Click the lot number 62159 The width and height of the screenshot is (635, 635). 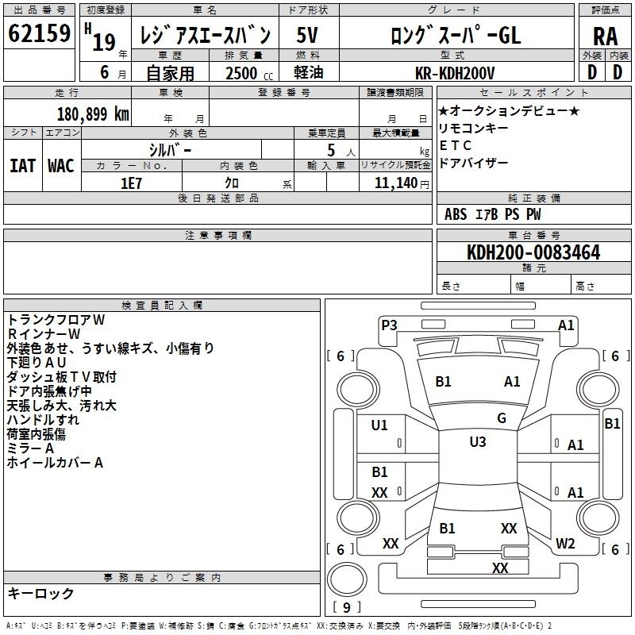(x=39, y=33)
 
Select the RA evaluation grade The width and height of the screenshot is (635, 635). (x=606, y=37)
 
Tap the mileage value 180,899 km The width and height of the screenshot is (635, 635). (x=93, y=114)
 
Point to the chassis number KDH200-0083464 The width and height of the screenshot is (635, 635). (x=533, y=252)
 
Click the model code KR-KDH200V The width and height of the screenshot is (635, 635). (x=455, y=73)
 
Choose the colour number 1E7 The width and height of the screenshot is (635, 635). (x=131, y=183)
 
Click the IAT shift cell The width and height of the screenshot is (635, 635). (x=23, y=166)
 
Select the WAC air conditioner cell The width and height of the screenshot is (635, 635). (x=61, y=166)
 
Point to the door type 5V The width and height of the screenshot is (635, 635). (x=307, y=35)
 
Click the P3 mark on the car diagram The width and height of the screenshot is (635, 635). (x=389, y=325)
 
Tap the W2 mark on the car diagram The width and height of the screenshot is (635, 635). (x=565, y=543)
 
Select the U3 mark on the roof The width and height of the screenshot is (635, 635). (x=478, y=441)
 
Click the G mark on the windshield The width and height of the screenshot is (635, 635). (x=502, y=418)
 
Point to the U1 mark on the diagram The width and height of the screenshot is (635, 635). (x=379, y=425)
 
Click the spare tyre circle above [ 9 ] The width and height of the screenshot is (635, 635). (x=347, y=579)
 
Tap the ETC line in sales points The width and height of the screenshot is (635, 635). (x=455, y=145)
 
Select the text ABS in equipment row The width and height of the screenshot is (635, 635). (x=456, y=214)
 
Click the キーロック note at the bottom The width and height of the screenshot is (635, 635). (x=40, y=593)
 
